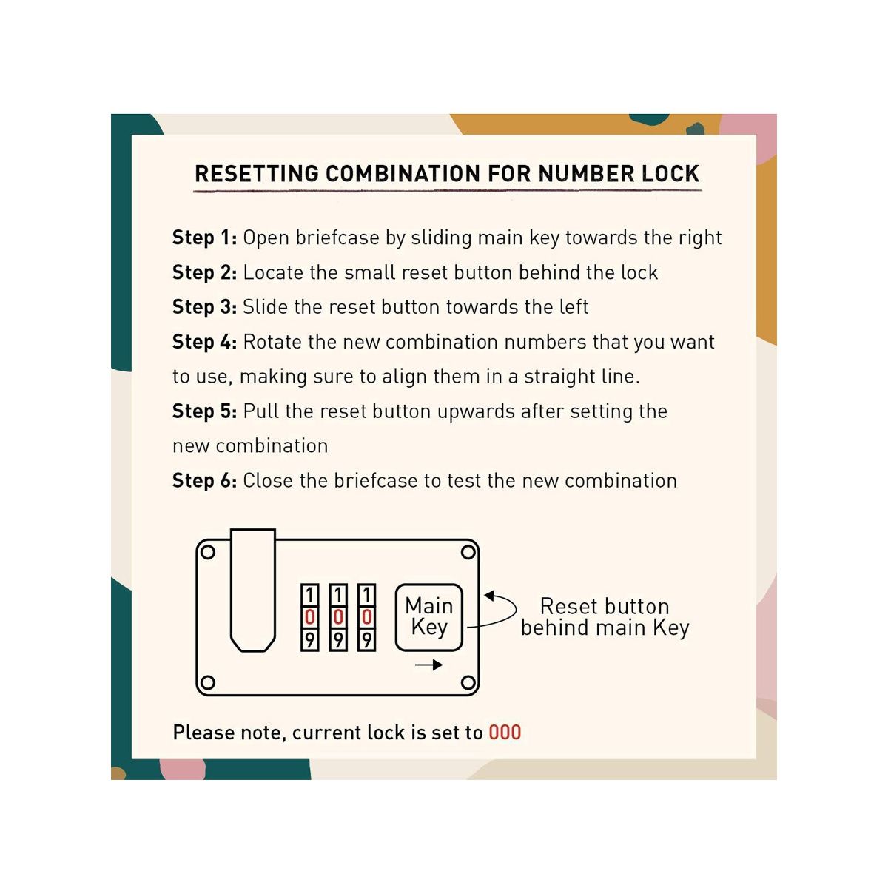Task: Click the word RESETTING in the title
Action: click(257, 174)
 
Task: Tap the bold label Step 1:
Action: click(204, 238)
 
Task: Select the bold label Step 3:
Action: click(204, 307)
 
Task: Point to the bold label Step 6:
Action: click(204, 481)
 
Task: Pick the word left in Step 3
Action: click(573, 307)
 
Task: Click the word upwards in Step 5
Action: click(476, 411)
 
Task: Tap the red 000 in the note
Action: click(505, 733)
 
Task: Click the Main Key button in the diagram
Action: click(429, 617)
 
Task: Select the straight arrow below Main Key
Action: click(428, 665)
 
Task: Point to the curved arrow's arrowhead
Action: click(489, 596)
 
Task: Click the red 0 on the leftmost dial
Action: click(309, 617)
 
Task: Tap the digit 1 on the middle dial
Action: click(338, 595)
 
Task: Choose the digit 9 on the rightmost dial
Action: click(367, 640)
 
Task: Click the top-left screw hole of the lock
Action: click(208, 552)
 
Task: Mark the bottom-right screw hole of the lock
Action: click(468, 682)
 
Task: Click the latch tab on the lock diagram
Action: click(253, 590)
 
